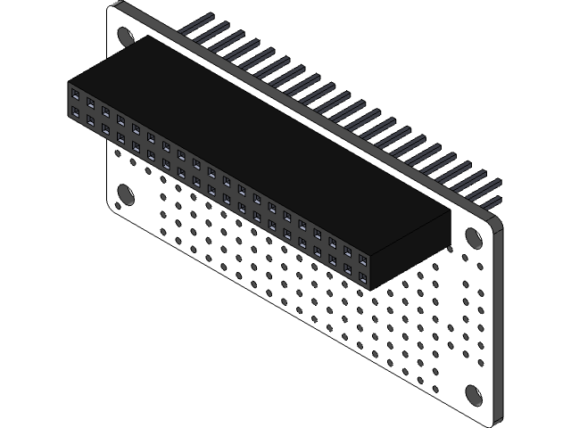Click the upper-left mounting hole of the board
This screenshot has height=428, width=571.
pyautogui.click(x=126, y=36)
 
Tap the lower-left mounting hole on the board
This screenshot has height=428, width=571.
pyautogui.click(x=126, y=195)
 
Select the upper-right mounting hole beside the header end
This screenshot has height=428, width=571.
pyautogui.click(x=474, y=236)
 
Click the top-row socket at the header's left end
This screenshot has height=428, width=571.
pyautogui.click(x=76, y=94)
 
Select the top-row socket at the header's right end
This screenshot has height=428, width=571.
pyautogui.click(x=363, y=259)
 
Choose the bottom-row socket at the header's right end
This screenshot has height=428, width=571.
pyautogui.click(x=363, y=277)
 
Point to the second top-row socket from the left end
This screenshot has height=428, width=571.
pyautogui.click(x=91, y=103)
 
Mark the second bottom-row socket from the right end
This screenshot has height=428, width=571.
pyautogui.click(x=348, y=268)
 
